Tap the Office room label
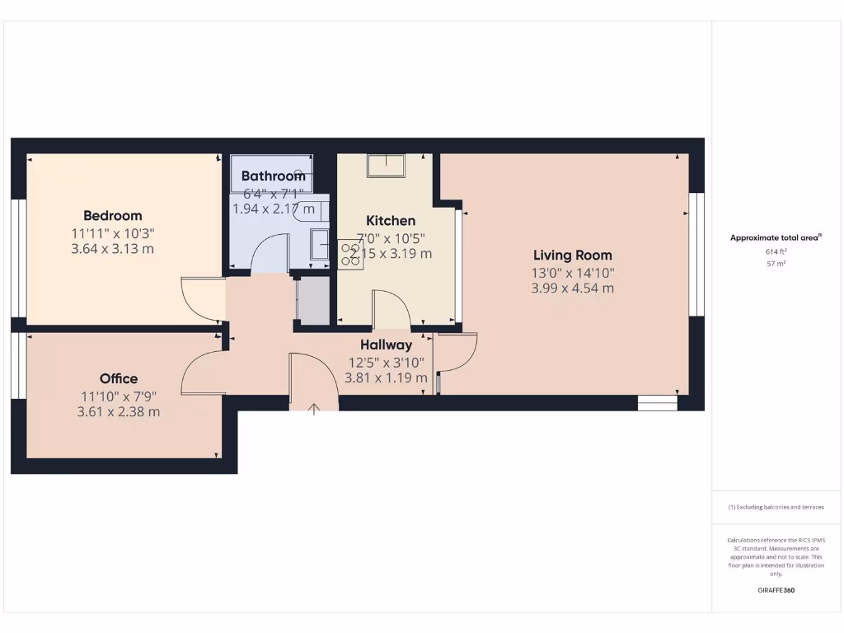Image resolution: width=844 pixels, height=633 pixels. click(119, 379)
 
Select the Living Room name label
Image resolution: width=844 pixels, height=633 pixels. click(572, 256)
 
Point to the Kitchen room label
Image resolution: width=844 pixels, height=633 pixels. click(391, 221)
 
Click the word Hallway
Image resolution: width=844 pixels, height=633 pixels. click(386, 345)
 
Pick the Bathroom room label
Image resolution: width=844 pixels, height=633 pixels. click(273, 176)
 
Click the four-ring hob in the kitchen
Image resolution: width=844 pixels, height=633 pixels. click(349, 253)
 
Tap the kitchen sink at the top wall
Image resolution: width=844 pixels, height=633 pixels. click(386, 166)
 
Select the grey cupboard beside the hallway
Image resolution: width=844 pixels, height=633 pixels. click(312, 301)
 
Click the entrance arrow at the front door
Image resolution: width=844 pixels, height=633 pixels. click(314, 408)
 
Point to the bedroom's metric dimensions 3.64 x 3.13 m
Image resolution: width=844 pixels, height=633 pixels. click(112, 249)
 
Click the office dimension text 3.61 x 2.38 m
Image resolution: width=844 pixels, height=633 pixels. click(119, 412)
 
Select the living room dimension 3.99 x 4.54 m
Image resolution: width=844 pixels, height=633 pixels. click(572, 288)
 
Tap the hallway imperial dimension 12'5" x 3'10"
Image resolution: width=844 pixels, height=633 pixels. click(386, 362)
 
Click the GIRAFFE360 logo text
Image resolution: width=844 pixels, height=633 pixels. click(776, 590)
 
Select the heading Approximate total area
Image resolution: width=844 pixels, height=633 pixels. click(775, 237)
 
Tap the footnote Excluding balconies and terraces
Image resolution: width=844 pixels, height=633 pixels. click(776, 507)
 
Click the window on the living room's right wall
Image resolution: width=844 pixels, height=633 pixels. click(696, 255)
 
